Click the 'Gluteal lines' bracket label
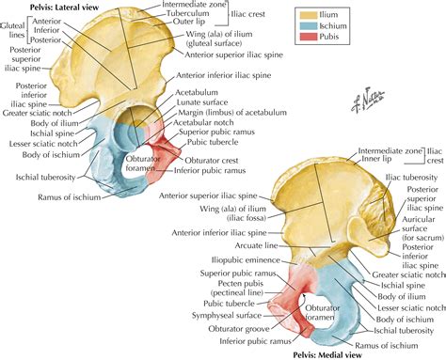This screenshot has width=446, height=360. [14, 28]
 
